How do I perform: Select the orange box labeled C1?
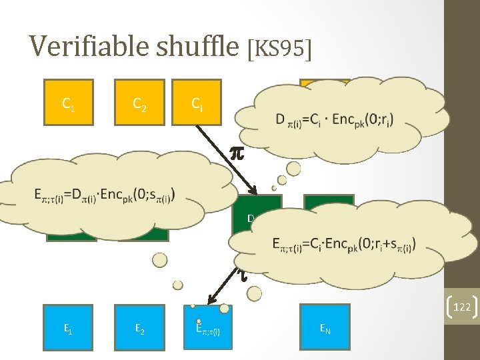coord(68,103)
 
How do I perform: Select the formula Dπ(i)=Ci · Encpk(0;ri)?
coord(334,120)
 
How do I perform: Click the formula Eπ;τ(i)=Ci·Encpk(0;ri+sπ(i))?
coord(344,245)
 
